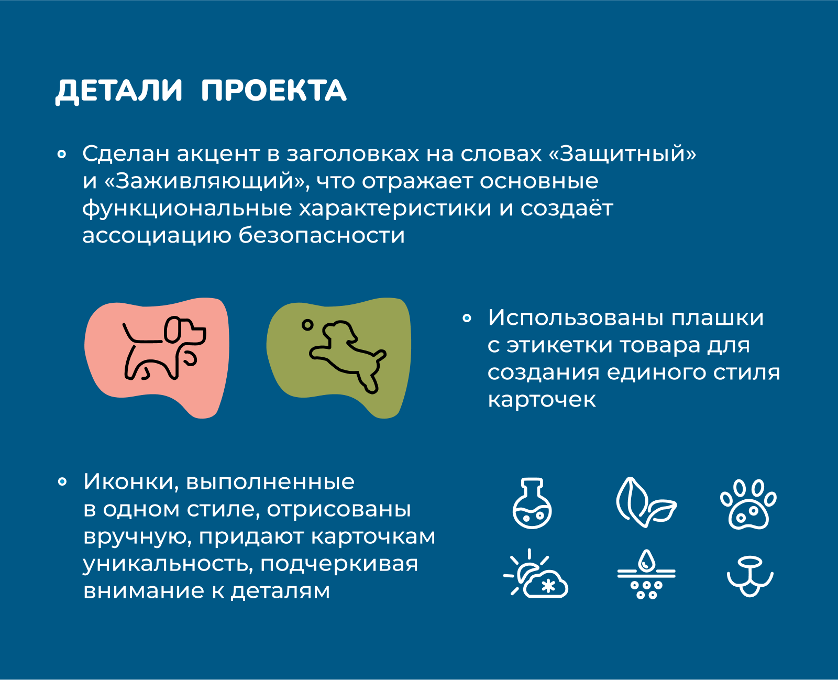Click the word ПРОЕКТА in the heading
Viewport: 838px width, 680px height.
[x=274, y=91]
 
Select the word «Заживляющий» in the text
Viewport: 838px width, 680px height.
[x=206, y=181]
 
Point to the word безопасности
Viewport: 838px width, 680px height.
[x=322, y=235]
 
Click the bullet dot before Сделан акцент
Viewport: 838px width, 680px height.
[x=62, y=154]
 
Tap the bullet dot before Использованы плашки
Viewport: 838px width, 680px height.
[x=467, y=318]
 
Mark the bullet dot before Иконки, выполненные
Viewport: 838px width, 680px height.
[x=62, y=481]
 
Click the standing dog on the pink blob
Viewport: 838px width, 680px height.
[x=164, y=348]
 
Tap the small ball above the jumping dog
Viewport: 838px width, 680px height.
[x=307, y=325]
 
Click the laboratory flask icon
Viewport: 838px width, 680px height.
[x=532, y=503]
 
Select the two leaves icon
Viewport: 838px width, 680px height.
[x=646, y=502]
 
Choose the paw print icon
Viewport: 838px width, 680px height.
[x=748, y=504]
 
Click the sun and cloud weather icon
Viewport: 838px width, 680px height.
[x=536, y=573]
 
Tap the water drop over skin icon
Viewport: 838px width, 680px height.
[x=646, y=574]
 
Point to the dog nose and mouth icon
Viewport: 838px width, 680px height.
[x=750, y=576]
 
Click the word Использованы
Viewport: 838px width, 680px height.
[x=576, y=317]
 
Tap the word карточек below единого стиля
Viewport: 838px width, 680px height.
[x=542, y=400]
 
